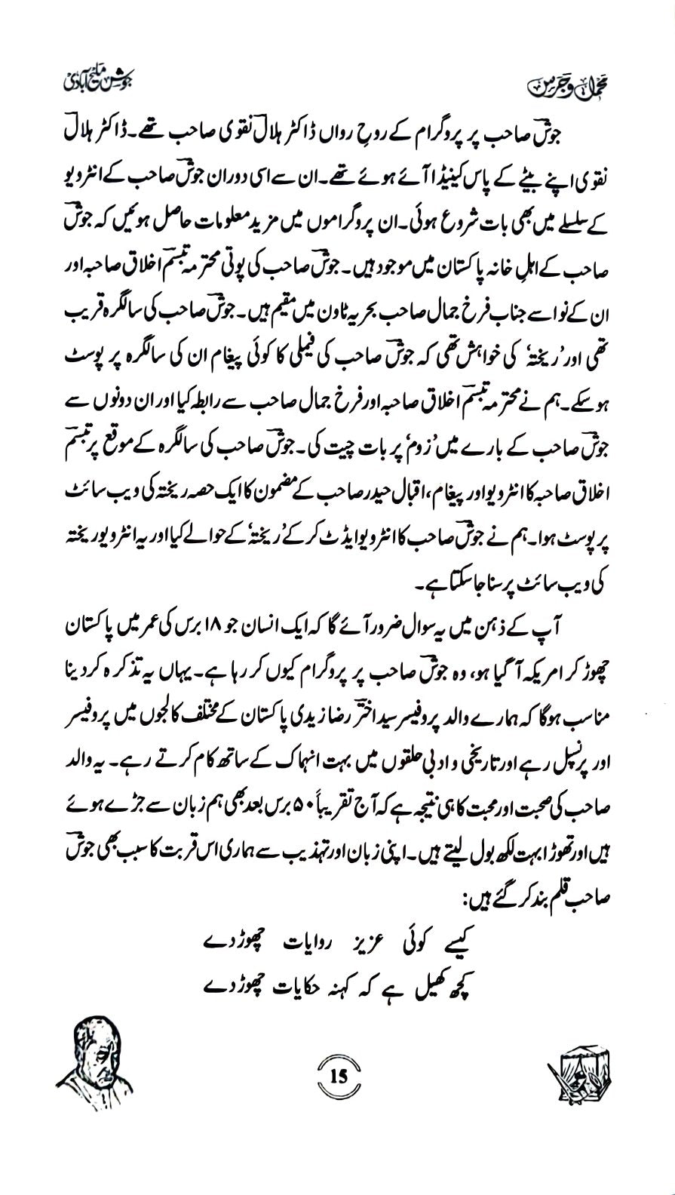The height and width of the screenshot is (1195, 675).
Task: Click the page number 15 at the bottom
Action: click(x=337, y=1077)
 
